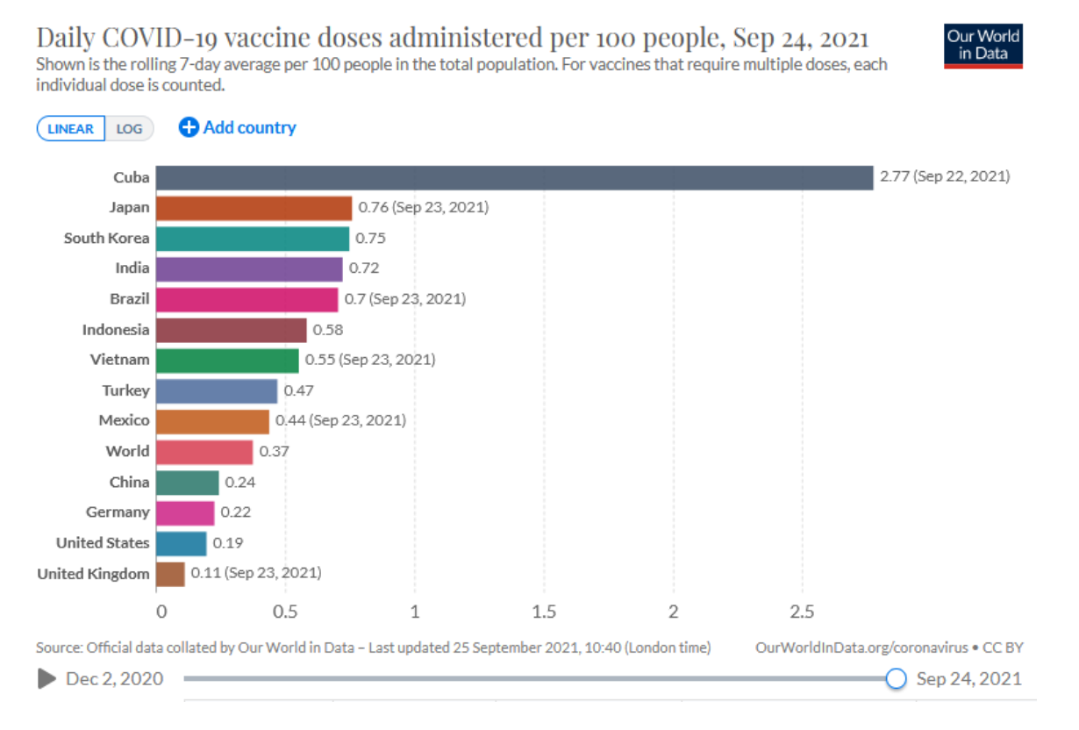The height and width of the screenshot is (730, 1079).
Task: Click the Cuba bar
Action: click(515, 177)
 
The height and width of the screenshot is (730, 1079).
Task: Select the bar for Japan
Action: click(254, 208)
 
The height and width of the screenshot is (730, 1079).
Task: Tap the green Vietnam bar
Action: click(228, 360)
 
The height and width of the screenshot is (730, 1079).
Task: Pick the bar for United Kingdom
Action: click(170, 574)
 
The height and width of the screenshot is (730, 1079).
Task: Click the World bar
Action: click(204, 452)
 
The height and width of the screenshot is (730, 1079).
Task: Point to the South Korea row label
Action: click(106, 238)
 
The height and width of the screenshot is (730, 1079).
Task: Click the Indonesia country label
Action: click(116, 330)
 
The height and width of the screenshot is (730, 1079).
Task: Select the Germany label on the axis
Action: click(118, 512)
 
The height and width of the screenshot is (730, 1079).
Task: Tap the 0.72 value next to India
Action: click(364, 268)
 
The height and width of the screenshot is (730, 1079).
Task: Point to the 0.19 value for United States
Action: click(228, 543)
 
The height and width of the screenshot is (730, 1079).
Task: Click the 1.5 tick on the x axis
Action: click(544, 611)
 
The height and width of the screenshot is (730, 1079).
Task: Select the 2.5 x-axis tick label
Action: click(802, 611)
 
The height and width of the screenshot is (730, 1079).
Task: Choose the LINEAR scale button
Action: click(71, 129)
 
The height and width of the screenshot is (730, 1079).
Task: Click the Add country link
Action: click(238, 128)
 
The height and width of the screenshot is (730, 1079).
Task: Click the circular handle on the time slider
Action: click(896, 678)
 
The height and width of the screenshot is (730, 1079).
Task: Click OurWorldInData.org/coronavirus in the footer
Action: click(861, 648)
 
